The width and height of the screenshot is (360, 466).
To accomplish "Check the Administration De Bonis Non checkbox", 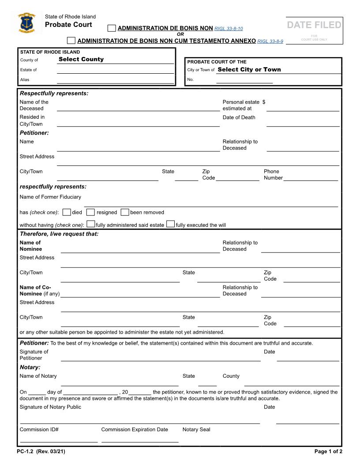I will pos(112,28).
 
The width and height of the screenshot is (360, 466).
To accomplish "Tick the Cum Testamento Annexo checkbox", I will pos(71,41).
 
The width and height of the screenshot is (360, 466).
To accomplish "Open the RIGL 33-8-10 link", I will pos(228,29).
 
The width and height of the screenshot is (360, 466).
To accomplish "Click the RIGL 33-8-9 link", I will pos(270,41).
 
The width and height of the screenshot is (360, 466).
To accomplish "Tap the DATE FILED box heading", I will pos(314,25).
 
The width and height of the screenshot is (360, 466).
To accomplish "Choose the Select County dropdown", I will pos(81,59).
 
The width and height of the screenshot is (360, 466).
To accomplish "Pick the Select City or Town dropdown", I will pos(249,69).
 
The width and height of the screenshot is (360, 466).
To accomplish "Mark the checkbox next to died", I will pos(67,212).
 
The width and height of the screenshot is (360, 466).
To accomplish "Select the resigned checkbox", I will pos(90,212).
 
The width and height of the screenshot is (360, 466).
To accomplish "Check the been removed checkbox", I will pos(125,212).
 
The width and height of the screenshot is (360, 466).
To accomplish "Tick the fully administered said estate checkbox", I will pos(91,224).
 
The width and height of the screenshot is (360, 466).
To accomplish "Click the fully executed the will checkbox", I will pos(170,224).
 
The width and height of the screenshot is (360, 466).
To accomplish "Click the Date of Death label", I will pos(239,117).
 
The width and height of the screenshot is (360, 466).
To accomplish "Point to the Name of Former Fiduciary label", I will pos(50,197).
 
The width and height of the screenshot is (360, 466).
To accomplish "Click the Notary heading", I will pos(30,367).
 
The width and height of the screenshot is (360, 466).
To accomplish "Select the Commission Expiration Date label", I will pos(135,429).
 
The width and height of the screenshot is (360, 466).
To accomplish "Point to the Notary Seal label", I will pos(196,429).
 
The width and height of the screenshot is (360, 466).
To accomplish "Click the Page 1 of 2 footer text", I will pos(328,451).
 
